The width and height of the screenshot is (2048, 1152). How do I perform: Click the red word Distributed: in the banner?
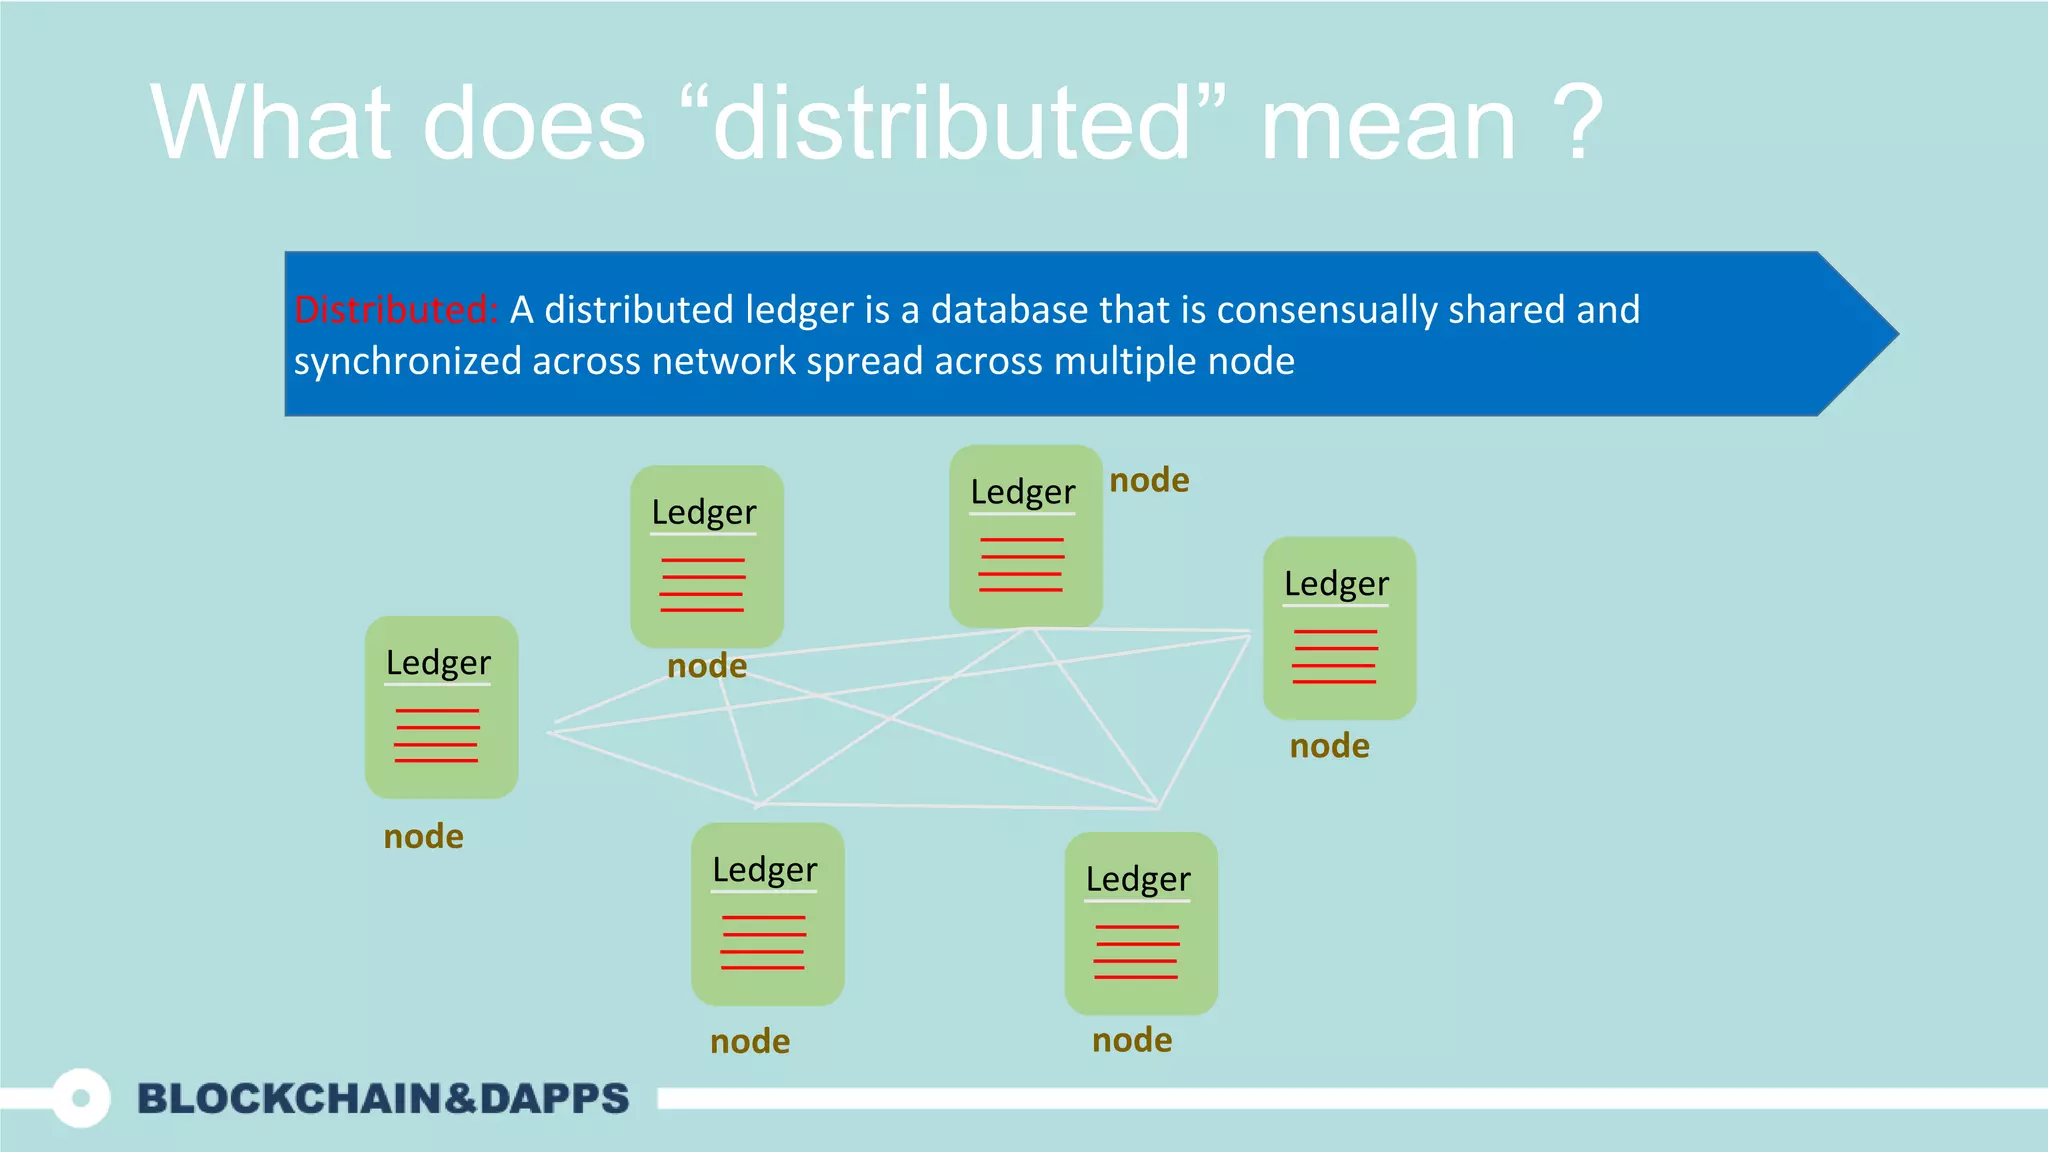(395, 310)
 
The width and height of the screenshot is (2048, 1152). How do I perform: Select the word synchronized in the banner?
(407, 361)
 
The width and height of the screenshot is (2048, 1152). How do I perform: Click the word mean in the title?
(1388, 123)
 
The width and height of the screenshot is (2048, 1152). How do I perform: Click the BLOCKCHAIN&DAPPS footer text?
(383, 1098)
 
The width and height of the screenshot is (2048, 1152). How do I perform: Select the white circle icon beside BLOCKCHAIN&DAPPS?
(81, 1098)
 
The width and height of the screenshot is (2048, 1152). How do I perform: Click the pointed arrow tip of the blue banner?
(1880, 334)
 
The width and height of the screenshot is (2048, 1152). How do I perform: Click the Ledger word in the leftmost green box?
(438, 663)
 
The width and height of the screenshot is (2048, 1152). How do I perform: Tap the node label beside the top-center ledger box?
(1149, 480)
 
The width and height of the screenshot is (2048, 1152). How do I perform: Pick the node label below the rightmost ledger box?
(1329, 746)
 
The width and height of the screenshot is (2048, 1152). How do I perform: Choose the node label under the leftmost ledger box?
(423, 836)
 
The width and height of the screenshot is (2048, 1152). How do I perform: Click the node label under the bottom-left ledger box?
(750, 1042)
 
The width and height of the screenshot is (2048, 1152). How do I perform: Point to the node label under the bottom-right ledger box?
(1132, 1040)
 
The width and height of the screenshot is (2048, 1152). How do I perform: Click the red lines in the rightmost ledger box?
(1335, 657)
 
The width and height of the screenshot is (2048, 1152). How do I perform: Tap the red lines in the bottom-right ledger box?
(1136, 952)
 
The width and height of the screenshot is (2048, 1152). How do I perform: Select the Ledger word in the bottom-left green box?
(764, 870)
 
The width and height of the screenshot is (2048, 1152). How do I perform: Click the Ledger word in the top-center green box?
(1022, 492)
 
